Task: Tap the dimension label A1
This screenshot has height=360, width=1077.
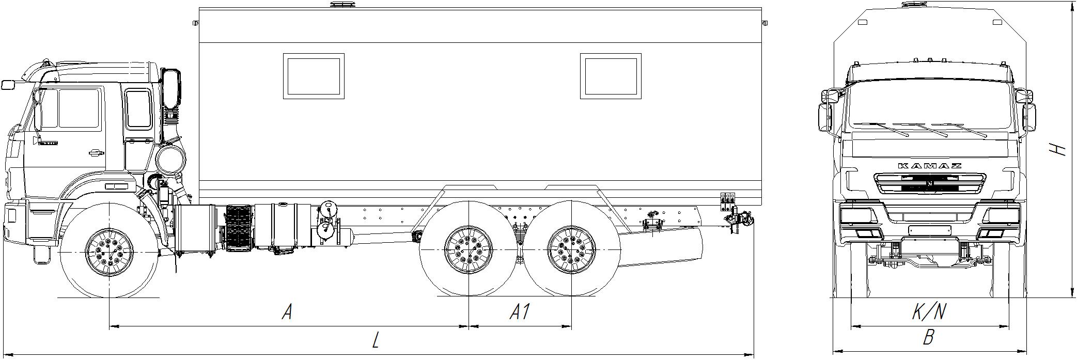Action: coord(520,312)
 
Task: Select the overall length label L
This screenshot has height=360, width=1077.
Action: coord(377,340)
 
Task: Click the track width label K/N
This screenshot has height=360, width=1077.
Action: coord(929,311)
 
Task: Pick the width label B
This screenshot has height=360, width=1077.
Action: coord(929,338)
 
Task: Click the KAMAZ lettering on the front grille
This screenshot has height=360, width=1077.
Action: coord(930,166)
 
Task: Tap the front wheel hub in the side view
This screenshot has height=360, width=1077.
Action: coord(110,253)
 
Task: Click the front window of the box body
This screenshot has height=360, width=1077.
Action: coord(314,76)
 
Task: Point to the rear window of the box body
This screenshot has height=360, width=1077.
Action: coord(611,76)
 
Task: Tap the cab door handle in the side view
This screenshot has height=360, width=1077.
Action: coord(96,152)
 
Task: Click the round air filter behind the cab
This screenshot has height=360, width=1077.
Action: coord(170,160)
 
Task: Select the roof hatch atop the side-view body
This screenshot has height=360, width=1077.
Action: coord(341,5)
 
